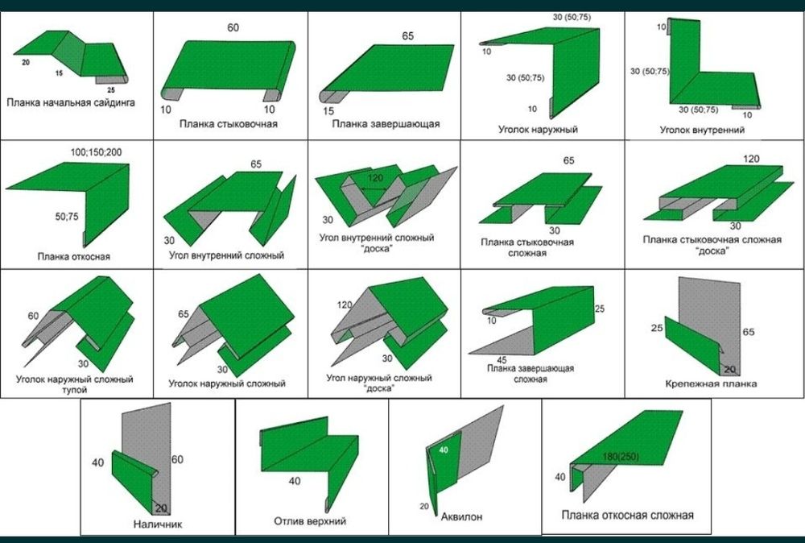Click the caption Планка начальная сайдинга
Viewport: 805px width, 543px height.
point(71,102)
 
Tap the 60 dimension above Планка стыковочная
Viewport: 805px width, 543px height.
point(233,27)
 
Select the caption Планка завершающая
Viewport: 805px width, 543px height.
point(386,124)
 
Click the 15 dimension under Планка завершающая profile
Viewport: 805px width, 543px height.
point(328,110)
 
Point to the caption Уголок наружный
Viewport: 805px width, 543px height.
point(538,130)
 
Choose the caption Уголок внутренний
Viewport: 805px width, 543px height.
point(702,130)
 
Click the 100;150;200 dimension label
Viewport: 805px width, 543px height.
point(96,152)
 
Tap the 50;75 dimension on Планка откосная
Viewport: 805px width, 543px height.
point(67,217)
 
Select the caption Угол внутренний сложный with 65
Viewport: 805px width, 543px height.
point(226,255)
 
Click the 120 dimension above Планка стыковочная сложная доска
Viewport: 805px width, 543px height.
point(751,159)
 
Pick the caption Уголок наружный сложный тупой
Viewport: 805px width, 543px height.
point(74,384)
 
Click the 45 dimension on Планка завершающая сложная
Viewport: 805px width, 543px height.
point(502,360)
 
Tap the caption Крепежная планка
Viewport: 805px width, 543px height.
point(711,383)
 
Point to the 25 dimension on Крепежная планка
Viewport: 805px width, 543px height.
point(657,327)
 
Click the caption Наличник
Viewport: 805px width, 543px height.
point(158,524)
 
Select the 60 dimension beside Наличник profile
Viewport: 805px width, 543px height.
point(177,459)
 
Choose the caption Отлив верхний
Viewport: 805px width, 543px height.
point(310,521)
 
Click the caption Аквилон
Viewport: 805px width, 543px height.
point(461,516)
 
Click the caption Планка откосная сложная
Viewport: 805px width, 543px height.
point(627,515)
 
